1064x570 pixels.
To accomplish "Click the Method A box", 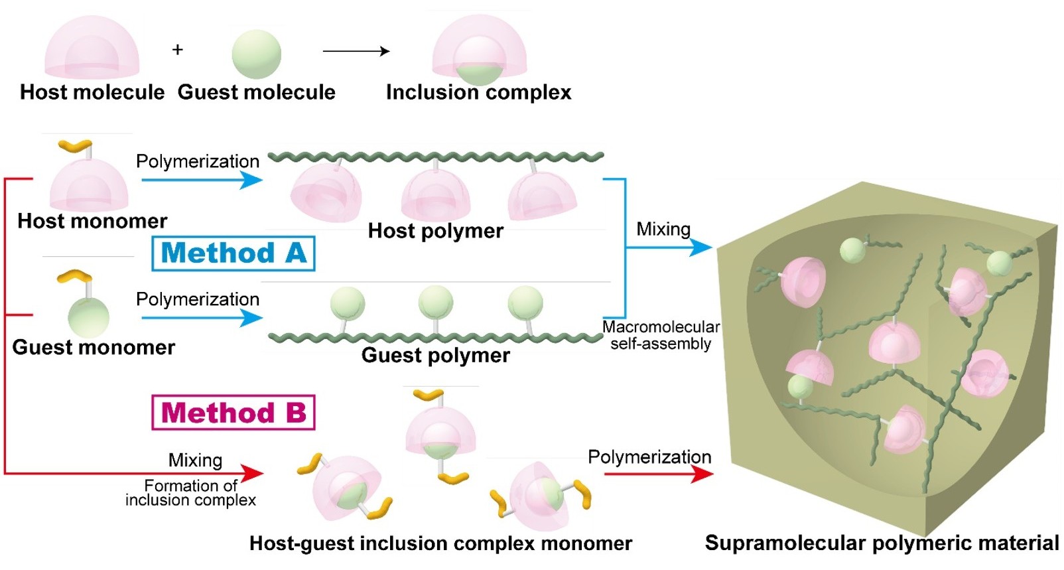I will point(233,253).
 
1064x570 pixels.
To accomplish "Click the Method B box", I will point(233,413).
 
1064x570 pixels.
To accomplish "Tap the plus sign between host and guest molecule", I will point(177,50).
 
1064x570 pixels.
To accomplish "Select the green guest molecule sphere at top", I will point(256,54).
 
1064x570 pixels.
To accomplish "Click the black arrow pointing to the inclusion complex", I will point(356,51).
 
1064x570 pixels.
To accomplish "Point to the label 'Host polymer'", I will point(436,231).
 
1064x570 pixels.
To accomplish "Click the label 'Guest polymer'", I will point(436,356).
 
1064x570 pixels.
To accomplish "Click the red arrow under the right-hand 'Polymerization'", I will point(658,474).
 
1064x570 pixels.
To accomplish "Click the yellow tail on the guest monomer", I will point(74,275).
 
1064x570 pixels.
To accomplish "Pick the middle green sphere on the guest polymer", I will point(436,303).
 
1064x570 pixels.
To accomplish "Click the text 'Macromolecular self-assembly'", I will point(661,335).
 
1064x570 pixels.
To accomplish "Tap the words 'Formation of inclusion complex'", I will point(191,493).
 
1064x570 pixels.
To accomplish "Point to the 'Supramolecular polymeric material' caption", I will point(882,543).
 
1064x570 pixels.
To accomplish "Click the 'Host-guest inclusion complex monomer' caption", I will point(440,543).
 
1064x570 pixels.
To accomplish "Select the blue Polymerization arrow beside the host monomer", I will point(202,180).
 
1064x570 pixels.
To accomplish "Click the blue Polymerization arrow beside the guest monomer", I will point(202,318).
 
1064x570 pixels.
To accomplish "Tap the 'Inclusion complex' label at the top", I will point(478,92).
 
